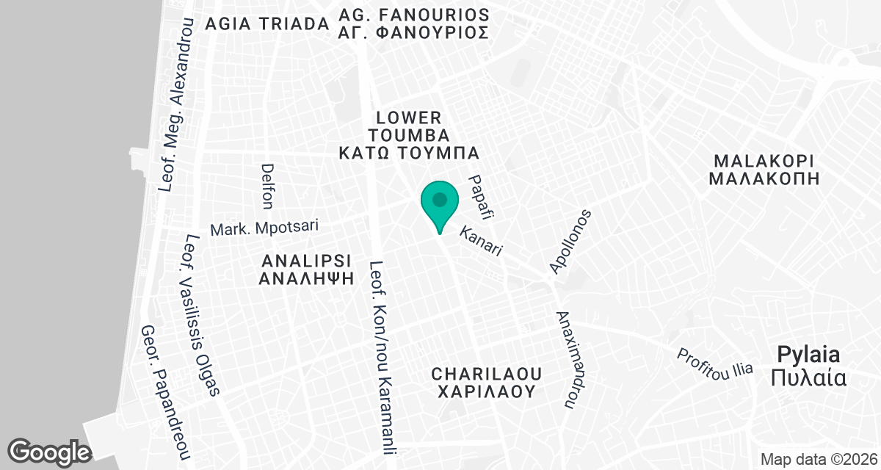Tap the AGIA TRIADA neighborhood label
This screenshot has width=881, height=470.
[267, 23]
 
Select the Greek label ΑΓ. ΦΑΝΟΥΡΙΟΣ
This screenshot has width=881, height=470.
[413, 33]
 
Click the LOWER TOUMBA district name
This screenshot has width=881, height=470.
[408, 126]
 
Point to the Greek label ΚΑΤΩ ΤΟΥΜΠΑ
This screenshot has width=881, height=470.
[408, 153]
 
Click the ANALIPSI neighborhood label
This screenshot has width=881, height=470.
[306, 261]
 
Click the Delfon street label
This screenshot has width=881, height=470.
[267, 185]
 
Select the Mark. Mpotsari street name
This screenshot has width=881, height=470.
[264, 228]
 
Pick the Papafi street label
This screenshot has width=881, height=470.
[482, 198]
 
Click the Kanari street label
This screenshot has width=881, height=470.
[481, 241]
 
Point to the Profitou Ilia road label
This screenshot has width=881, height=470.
[715, 361]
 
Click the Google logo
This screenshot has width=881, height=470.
[49, 451]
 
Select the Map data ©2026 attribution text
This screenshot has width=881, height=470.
[818, 460]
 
